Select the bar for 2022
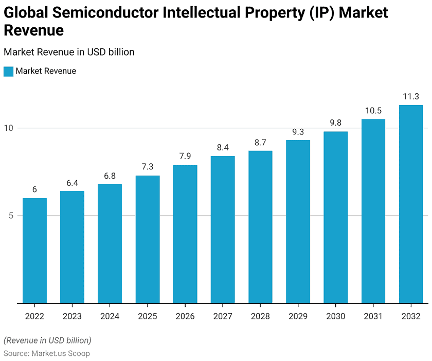(34, 251)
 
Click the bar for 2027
(223, 230)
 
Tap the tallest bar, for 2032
(411, 204)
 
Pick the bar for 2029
(298, 221)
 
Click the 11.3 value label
(411, 96)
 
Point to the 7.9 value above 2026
(185, 156)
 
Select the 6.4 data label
(72, 182)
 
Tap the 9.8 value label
(336, 123)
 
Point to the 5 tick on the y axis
(10, 215)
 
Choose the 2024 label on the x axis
(110, 316)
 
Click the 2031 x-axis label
(373, 316)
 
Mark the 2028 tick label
(260, 316)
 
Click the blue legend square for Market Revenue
(8, 71)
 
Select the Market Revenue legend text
(46, 71)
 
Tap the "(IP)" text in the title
(319, 12)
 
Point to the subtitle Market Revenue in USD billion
(69, 52)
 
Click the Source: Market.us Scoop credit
(47, 353)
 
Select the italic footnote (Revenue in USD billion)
(47, 340)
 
